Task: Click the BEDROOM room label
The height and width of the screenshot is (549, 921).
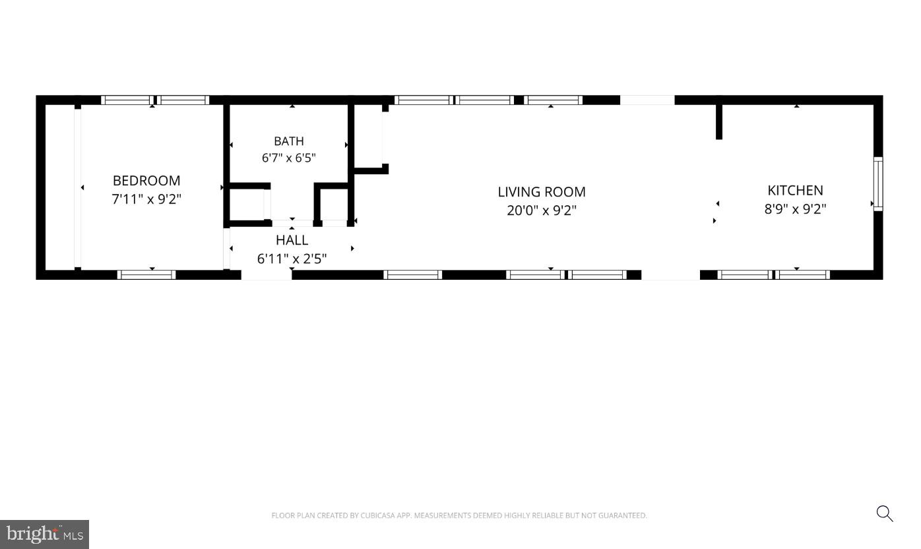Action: pyautogui.click(x=146, y=181)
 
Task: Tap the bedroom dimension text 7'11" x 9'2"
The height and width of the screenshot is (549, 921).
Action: pyautogui.click(x=146, y=199)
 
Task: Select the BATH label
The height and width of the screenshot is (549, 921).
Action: pyautogui.click(x=289, y=141)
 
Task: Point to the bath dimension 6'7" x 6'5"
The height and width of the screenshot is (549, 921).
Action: pyautogui.click(x=289, y=158)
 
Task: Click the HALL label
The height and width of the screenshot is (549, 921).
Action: pyautogui.click(x=292, y=240)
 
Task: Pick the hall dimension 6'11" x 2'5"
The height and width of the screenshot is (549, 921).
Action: pyautogui.click(x=292, y=258)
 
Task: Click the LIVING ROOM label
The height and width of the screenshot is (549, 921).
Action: pyautogui.click(x=542, y=191)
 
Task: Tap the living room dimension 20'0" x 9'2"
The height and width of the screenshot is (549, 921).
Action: pyautogui.click(x=542, y=210)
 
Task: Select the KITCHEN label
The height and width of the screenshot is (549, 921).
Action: pyautogui.click(x=795, y=191)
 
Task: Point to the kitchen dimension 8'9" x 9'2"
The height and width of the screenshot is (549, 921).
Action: pyautogui.click(x=795, y=209)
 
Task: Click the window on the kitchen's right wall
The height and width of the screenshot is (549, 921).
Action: pyautogui.click(x=878, y=184)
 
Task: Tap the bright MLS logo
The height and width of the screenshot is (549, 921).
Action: pyautogui.click(x=44, y=534)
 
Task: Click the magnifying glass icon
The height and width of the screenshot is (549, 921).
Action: pyautogui.click(x=885, y=513)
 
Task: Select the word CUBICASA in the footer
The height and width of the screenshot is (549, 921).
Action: pyautogui.click(x=378, y=515)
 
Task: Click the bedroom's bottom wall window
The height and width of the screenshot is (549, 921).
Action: pyautogui.click(x=146, y=274)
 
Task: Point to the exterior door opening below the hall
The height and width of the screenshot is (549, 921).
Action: pyautogui.click(x=267, y=274)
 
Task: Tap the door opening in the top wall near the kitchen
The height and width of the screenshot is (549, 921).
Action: pyautogui.click(x=647, y=100)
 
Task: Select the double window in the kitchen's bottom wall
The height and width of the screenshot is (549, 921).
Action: pyautogui.click(x=774, y=274)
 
